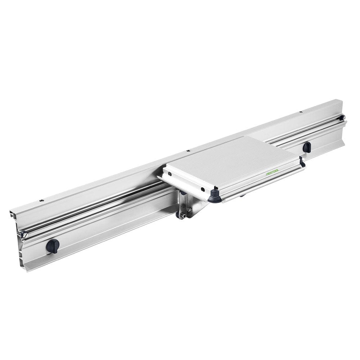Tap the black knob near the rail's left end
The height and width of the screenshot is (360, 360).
tap(52, 246)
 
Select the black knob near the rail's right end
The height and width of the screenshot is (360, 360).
tap(307, 147)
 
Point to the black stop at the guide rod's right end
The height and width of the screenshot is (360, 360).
tap(341, 118)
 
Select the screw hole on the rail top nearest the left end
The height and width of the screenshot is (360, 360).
tap(42, 200)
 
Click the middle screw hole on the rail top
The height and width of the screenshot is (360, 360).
tap(188, 150)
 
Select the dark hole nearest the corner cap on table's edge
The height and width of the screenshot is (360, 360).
tap(202, 189)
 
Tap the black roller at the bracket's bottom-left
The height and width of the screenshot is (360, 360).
tap(178, 215)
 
